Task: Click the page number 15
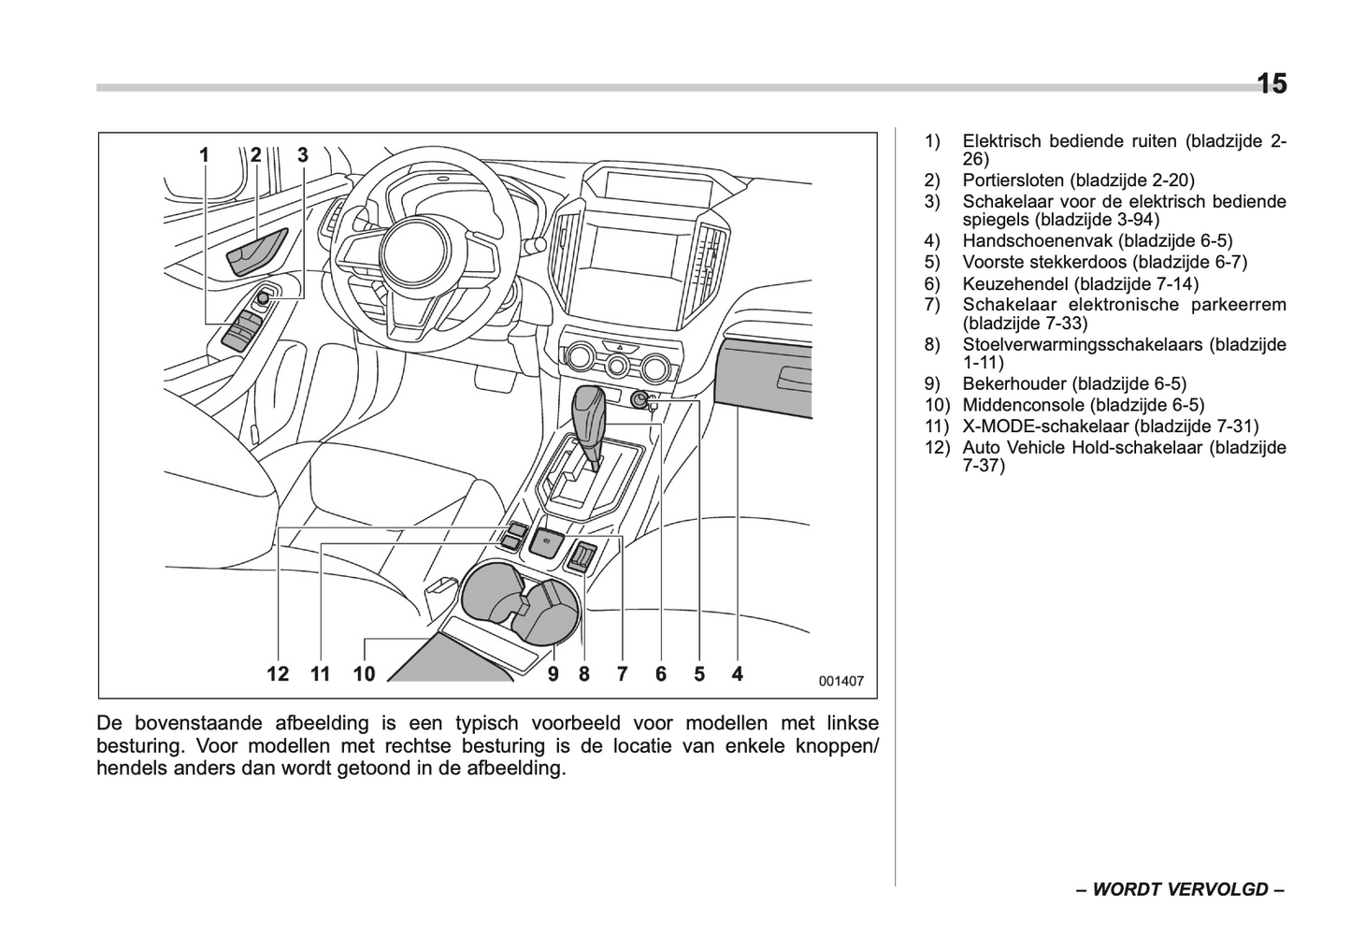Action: (x=1271, y=84)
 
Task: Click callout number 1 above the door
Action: (x=205, y=155)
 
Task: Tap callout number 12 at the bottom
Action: (x=278, y=673)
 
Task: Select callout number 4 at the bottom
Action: (x=738, y=673)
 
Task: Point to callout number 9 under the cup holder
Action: (x=553, y=673)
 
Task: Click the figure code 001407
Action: (x=841, y=681)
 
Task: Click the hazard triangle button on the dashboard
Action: (x=618, y=346)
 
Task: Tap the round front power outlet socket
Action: (x=640, y=400)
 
